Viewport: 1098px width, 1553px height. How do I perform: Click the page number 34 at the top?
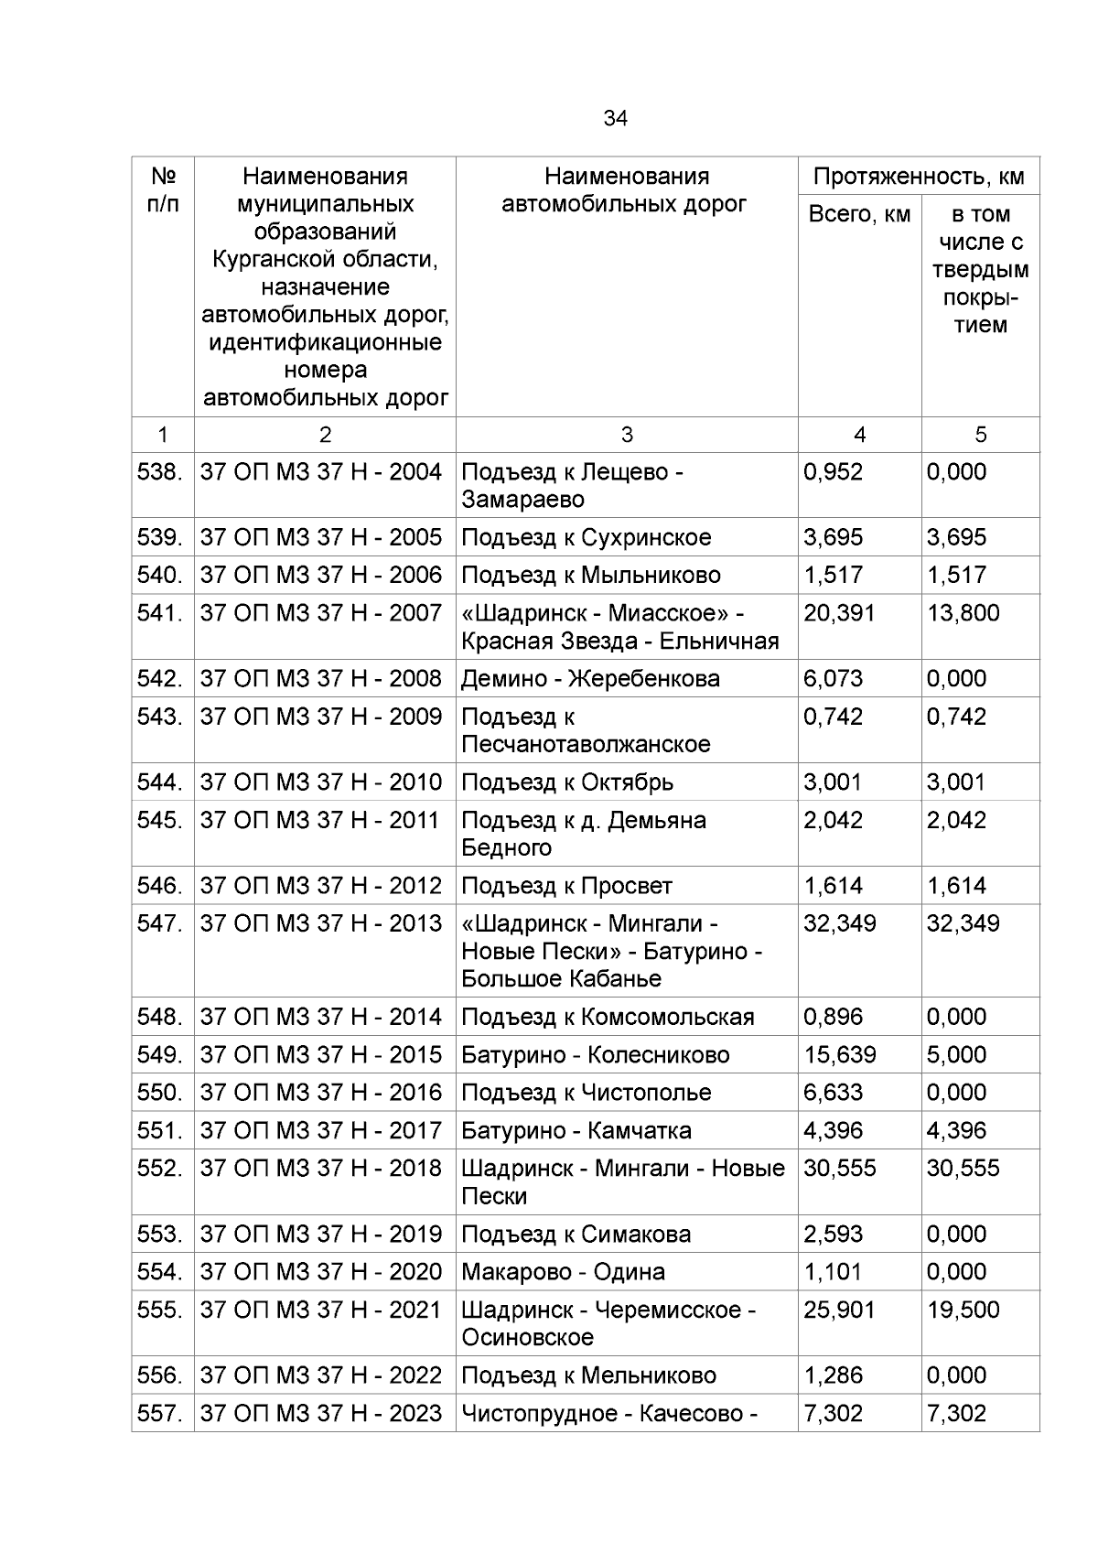615,119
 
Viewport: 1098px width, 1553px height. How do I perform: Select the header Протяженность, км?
918,177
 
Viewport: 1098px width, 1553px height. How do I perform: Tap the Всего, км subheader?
859,215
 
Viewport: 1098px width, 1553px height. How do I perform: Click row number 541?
161,613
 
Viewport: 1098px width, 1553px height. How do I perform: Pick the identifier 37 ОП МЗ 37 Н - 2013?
321,923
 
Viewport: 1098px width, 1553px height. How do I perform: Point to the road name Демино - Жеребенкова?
590,679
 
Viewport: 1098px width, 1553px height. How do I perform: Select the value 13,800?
963,613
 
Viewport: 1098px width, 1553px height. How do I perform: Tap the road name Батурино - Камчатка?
576,1131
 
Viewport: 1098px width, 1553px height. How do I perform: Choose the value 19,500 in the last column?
963,1310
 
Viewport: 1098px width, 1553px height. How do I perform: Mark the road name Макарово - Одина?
563,1272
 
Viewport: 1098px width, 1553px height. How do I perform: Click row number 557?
161,1414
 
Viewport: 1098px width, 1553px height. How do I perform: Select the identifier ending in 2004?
321,472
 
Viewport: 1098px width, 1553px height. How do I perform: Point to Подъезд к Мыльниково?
590,576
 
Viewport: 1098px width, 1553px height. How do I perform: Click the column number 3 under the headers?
626,435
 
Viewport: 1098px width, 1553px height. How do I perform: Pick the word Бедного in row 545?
506,848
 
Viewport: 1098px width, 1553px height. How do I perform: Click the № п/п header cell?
162,189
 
